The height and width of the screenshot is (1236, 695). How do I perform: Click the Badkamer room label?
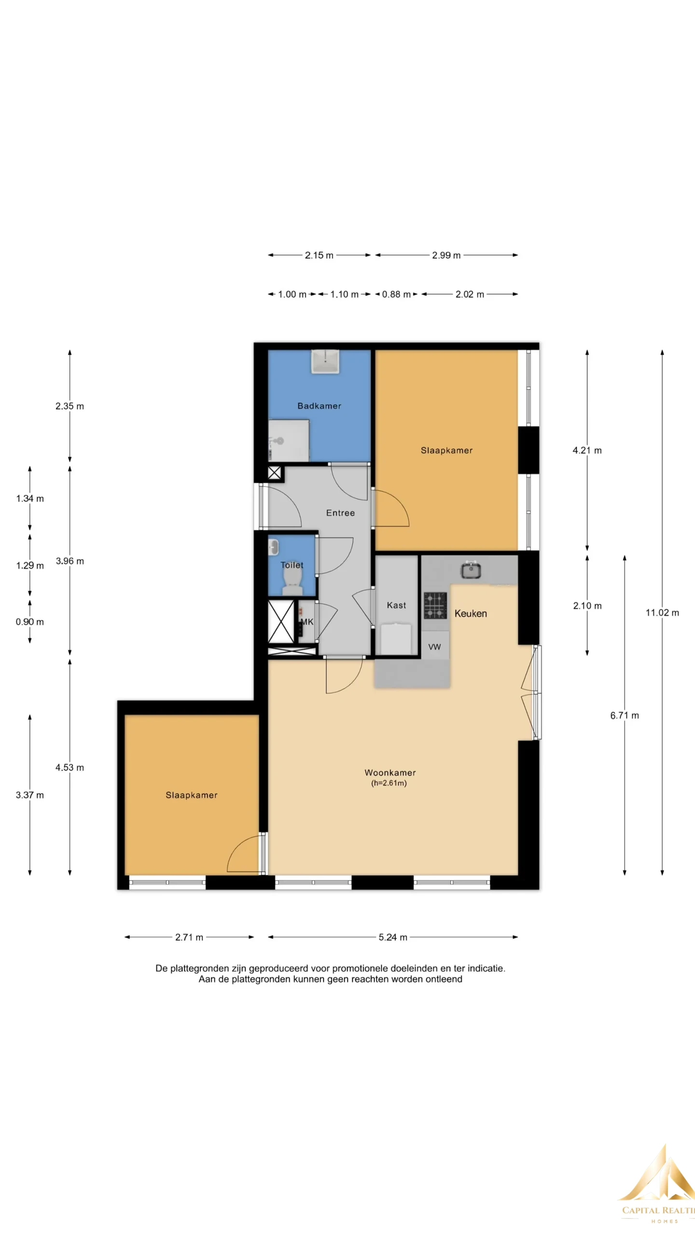[x=319, y=406]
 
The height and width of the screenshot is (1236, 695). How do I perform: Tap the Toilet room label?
[x=292, y=565]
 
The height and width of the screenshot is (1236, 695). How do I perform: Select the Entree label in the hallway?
[x=340, y=513]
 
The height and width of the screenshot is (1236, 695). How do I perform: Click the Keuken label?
[x=471, y=613]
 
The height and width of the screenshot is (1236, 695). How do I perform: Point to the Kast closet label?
[x=396, y=605]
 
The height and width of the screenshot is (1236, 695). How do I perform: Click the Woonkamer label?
[x=390, y=772]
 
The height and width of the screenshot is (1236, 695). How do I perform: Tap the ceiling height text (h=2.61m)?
[x=389, y=783]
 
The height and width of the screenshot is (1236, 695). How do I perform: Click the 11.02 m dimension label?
[x=662, y=613]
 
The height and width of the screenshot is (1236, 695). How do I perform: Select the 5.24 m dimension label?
[x=393, y=937]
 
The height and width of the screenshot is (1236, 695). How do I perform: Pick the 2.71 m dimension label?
[x=189, y=937]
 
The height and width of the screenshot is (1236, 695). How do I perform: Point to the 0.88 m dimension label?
[x=396, y=294]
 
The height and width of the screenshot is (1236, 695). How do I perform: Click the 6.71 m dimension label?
[x=625, y=716]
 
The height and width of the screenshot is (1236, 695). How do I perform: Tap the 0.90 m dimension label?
[x=30, y=622]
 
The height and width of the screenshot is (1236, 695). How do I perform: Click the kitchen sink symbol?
[x=471, y=570]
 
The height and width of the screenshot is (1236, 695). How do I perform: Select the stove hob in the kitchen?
[x=435, y=605]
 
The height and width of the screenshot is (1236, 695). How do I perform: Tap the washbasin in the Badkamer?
[x=325, y=362]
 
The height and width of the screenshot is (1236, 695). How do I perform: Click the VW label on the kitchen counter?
[x=434, y=647]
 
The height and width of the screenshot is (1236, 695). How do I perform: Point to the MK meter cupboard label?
[x=307, y=622]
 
